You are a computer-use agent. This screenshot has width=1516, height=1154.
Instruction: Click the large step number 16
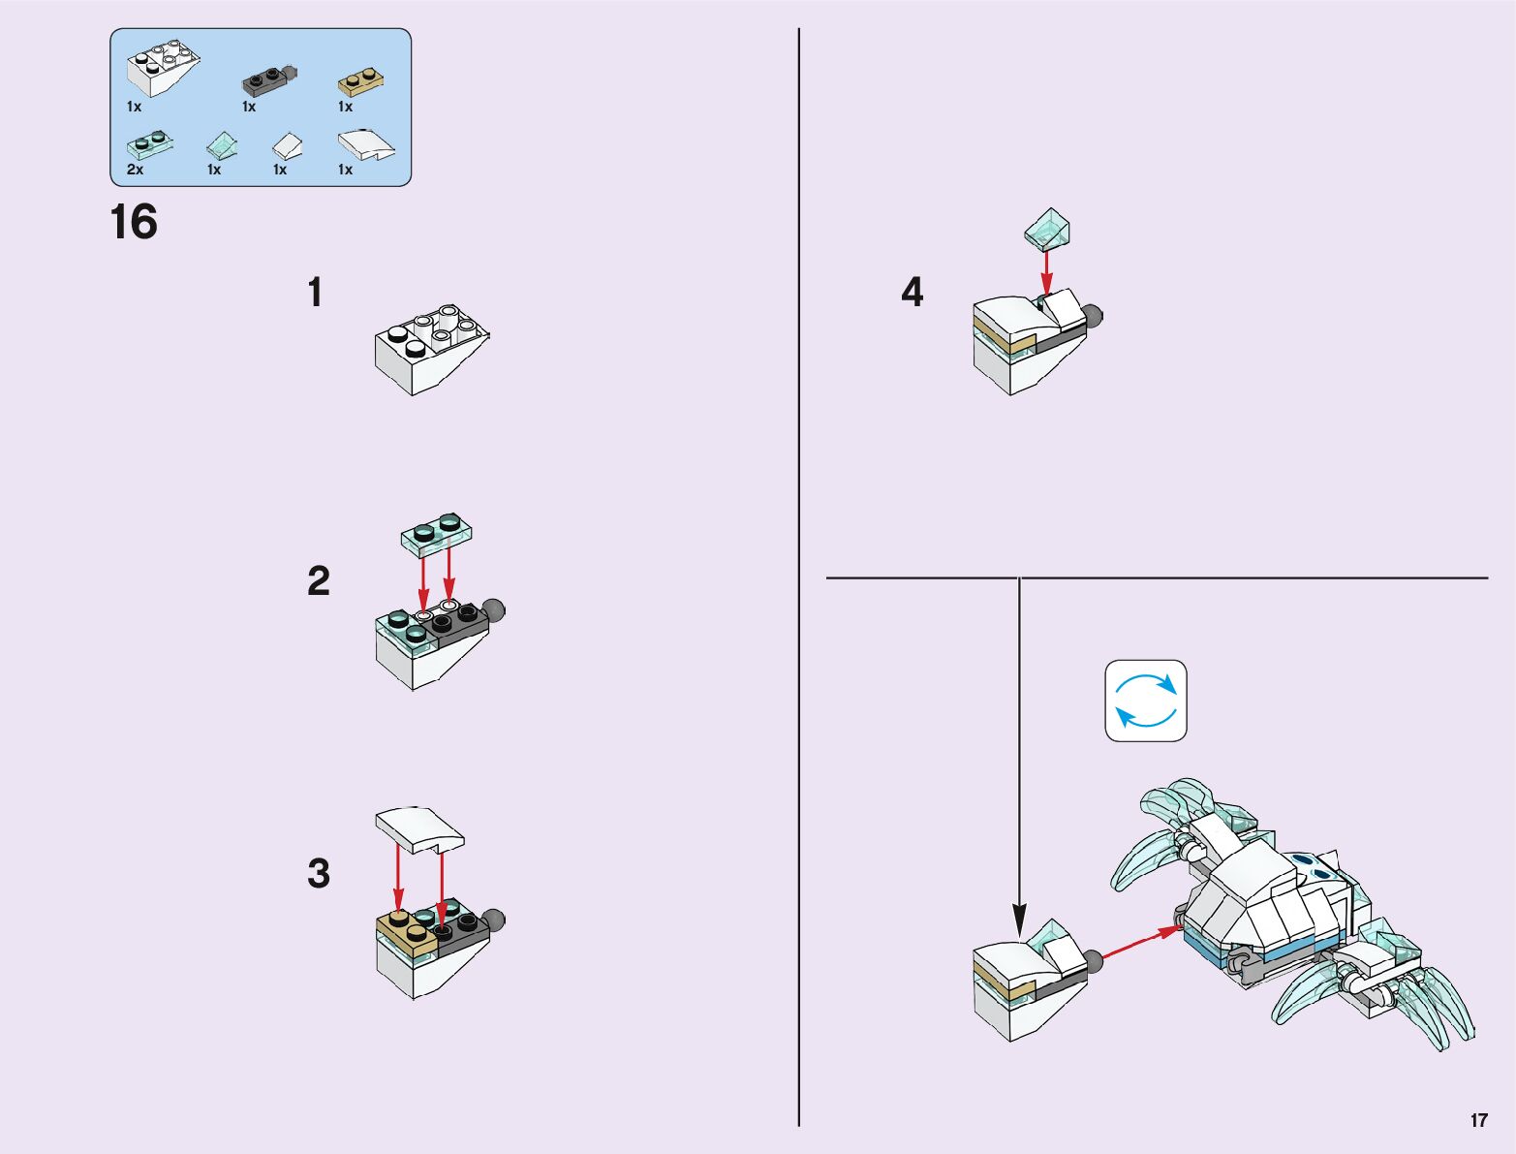(x=134, y=222)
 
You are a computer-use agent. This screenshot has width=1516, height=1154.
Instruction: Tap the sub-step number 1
(x=315, y=293)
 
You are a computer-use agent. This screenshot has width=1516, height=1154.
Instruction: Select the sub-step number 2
(x=318, y=581)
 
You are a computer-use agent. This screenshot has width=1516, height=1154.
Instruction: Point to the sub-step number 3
(x=319, y=873)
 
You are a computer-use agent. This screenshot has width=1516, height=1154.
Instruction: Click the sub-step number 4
(x=912, y=293)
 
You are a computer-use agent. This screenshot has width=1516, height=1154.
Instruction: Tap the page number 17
(x=1478, y=1120)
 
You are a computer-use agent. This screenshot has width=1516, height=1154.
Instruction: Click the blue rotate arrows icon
(x=1146, y=701)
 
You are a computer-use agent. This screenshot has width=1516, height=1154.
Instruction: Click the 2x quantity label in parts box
(x=135, y=170)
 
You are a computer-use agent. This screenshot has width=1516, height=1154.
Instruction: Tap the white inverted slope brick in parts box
(x=163, y=68)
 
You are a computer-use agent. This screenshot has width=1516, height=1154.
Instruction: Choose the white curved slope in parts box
(x=365, y=145)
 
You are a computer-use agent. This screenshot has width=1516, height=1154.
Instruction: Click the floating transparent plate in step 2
(x=437, y=532)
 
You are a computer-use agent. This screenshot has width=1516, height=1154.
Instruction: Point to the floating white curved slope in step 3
(x=419, y=829)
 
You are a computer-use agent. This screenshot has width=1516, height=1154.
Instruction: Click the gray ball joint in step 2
(x=493, y=611)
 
